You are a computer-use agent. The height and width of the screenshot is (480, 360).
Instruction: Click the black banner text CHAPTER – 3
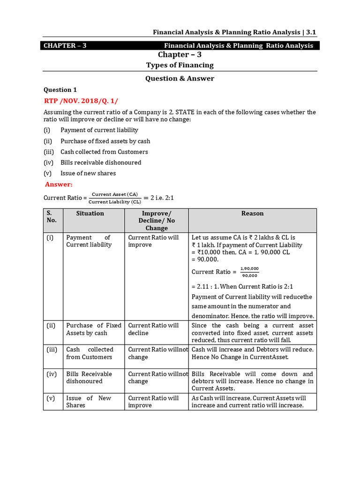pos(65,45)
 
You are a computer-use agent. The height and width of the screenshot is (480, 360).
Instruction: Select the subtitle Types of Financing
pos(180,65)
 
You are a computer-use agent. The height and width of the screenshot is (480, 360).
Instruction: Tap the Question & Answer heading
pos(180,79)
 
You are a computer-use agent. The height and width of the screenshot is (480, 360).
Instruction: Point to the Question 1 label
pos(60,90)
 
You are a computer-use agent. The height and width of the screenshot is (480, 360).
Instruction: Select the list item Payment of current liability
pos(99,130)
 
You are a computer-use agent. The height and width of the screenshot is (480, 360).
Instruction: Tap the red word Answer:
pos(59,185)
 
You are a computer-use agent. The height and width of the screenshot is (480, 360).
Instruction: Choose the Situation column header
pos(90,213)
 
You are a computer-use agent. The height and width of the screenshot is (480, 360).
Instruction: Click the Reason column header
pos(252,213)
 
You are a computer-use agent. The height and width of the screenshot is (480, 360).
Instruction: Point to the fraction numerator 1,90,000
pos(249,269)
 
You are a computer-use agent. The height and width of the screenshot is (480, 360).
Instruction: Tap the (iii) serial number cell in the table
pos(52,350)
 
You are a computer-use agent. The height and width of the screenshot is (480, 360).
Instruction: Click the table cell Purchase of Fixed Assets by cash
pos(93,329)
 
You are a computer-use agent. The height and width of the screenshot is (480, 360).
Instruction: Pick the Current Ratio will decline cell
pos(153,329)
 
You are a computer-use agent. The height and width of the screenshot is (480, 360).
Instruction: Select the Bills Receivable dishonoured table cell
pos(89,378)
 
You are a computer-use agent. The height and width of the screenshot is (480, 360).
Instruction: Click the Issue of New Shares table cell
pos(89,402)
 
